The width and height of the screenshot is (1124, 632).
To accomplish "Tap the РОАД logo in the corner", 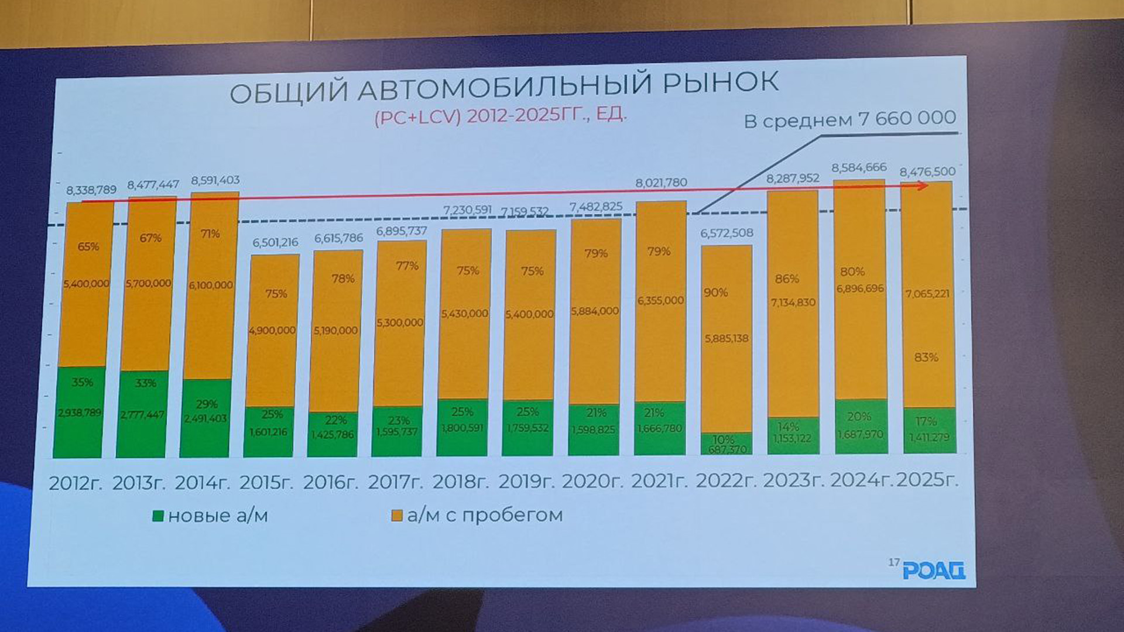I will pyautogui.click(x=934, y=570).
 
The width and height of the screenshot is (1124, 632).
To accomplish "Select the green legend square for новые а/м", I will pyautogui.click(x=157, y=516).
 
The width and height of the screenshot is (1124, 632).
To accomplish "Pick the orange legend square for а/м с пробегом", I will pyautogui.click(x=397, y=516).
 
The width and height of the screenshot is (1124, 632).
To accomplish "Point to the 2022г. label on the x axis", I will pyautogui.click(x=726, y=481).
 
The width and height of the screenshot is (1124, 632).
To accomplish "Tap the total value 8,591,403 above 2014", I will pyautogui.click(x=215, y=180).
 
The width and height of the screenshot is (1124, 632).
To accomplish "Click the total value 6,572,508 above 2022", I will pyautogui.click(x=727, y=233).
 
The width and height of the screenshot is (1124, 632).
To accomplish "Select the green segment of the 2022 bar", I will pyautogui.click(x=727, y=444).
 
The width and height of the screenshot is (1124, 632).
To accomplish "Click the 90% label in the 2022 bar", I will pyautogui.click(x=716, y=293).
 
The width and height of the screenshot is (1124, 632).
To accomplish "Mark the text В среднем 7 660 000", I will pyautogui.click(x=850, y=119).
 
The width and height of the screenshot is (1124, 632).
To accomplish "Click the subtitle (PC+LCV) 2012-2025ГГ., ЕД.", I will pyautogui.click(x=501, y=115).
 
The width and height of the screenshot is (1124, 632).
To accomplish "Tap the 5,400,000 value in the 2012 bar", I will pyautogui.click(x=87, y=284).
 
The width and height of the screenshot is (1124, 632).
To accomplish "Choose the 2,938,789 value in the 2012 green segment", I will pyautogui.click(x=79, y=413).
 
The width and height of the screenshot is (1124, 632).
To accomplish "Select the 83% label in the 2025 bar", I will pyautogui.click(x=926, y=357).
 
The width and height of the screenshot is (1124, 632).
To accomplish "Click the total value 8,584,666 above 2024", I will pyautogui.click(x=859, y=168).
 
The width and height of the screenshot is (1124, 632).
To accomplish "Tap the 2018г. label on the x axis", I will pyautogui.click(x=461, y=482).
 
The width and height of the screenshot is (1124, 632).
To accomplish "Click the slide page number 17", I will pyautogui.click(x=893, y=562).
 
